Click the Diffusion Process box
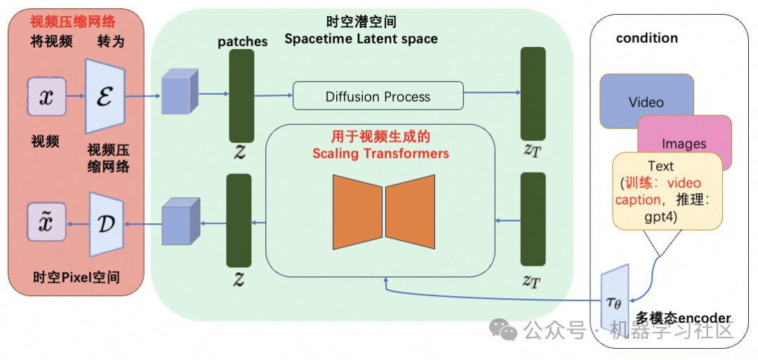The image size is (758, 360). click(x=378, y=96)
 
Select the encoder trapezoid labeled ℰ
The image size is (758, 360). click(x=105, y=96)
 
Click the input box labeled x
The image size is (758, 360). click(x=46, y=97)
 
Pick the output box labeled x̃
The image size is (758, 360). click(x=46, y=222)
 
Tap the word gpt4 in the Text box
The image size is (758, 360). click(x=660, y=218)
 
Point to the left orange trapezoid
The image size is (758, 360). click(x=358, y=212)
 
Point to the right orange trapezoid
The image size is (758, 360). click(x=411, y=212)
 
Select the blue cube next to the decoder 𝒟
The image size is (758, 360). click(x=181, y=221)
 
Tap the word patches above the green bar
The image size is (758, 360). click(x=242, y=41)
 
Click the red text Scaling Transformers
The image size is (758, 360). click(x=381, y=154)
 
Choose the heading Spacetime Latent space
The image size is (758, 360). click(x=361, y=39)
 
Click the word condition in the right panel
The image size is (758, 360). click(x=647, y=38)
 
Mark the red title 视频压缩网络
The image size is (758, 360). click(x=74, y=22)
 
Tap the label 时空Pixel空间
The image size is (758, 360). click(x=77, y=278)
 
